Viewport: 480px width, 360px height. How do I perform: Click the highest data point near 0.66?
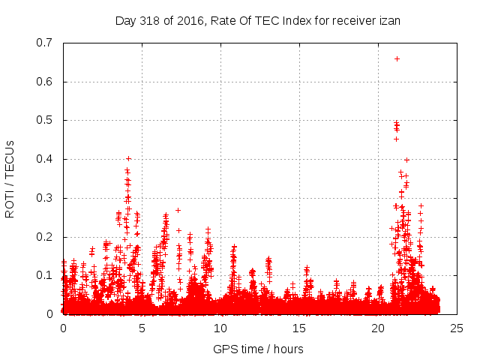point(397,58)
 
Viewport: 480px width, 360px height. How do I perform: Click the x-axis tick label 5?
point(142,328)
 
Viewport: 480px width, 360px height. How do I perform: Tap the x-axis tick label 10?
point(220,328)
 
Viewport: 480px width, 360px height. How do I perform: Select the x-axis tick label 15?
point(299,328)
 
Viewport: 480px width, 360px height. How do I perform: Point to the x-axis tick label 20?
point(378,328)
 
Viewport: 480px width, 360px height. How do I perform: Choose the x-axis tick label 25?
point(457,328)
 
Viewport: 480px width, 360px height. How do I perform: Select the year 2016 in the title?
point(189,21)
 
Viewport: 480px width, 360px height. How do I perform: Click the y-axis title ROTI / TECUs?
point(10,178)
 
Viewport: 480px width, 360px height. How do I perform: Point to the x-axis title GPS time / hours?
point(258,349)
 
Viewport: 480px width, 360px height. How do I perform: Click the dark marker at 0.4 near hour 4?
point(128,158)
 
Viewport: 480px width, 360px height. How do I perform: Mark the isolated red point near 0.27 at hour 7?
point(178,210)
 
